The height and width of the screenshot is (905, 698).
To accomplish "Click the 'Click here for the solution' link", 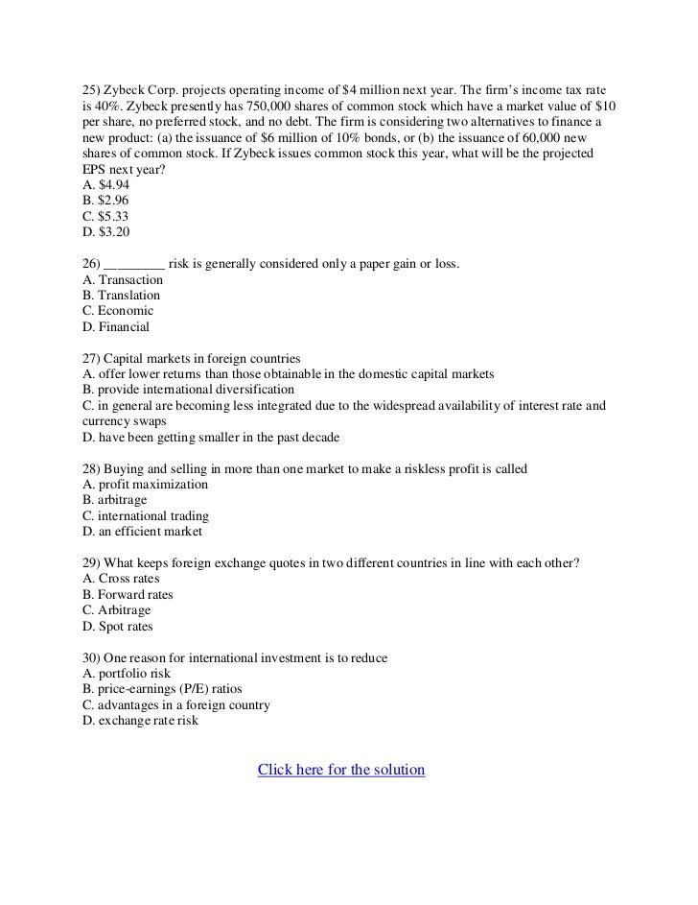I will click(x=341, y=771).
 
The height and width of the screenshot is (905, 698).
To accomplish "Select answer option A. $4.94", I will click(x=105, y=184).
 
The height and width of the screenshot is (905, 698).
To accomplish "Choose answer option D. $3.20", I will click(x=105, y=231).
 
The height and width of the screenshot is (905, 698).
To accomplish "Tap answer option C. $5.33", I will click(x=105, y=216).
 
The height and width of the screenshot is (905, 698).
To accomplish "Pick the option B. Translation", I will click(x=122, y=295).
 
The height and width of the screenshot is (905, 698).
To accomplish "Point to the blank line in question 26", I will click(x=134, y=265).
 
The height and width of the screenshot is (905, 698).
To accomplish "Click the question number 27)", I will click(x=94, y=358).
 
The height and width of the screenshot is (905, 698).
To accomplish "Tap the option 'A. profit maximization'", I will click(x=146, y=485).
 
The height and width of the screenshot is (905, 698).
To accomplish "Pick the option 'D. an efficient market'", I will click(x=143, y=532).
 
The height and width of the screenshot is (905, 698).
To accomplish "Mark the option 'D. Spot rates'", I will click(x=118, y=626).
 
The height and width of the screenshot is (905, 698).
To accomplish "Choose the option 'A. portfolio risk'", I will click(x=127, y=674).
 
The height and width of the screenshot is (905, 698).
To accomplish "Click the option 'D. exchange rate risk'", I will click(x=141, y=721).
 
